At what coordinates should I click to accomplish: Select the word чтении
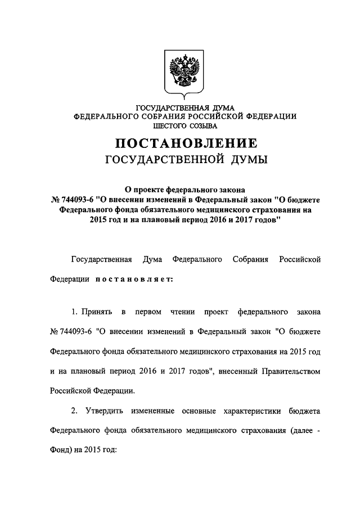(x=180, y=310)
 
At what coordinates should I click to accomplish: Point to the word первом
(x=145, y=310)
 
